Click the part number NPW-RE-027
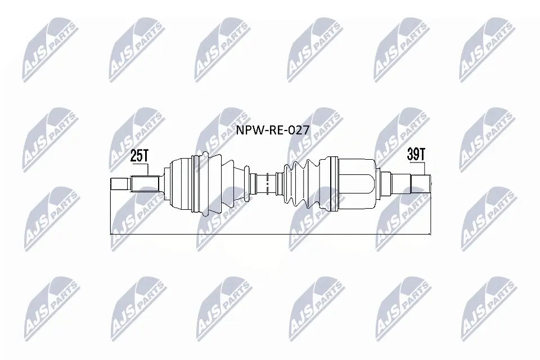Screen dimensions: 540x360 [x=273, y=130]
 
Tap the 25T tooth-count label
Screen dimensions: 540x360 [x=139, y=156]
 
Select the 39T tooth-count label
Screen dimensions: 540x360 [x=416, y=154]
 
